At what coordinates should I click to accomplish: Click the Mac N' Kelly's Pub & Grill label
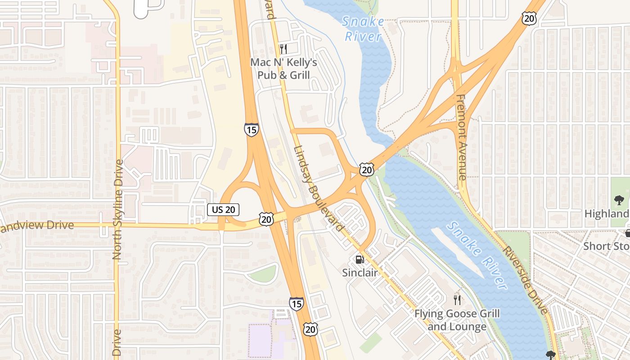[x=283, y=68]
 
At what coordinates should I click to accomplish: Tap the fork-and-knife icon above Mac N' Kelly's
[x=283, y=49]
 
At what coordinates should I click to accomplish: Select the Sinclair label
[x=360, y=272]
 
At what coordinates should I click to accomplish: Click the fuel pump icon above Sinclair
[x=360, y=259]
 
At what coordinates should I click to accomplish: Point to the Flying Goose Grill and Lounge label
[x=457, y=320]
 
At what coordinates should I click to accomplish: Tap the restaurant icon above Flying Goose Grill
[x=457, y=300]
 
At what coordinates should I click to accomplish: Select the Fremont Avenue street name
[x=462, y=137]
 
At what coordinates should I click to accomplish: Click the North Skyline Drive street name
[x=118, y=209]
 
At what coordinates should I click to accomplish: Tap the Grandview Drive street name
[x=36, y=225]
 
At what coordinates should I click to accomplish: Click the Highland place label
[x=607, y=213]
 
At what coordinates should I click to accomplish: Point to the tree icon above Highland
[x=619, y=200]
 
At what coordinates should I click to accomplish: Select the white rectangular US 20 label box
[x=223, y=209]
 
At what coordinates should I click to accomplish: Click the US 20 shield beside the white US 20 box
[x=266, y=219]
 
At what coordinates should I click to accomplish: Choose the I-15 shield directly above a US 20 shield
[x=296, y=304]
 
